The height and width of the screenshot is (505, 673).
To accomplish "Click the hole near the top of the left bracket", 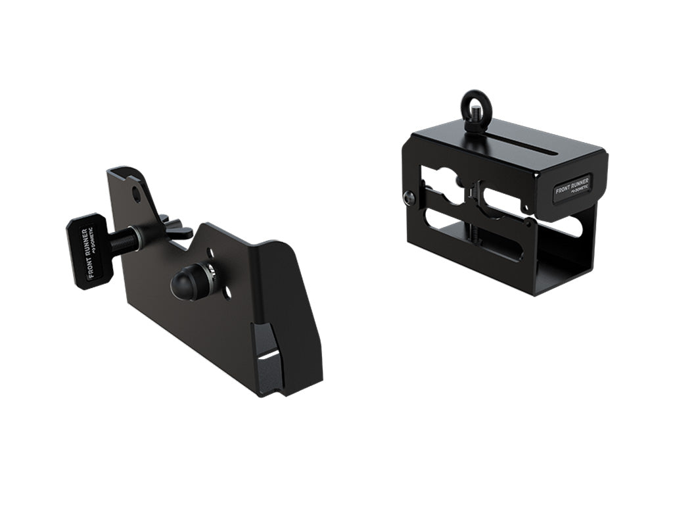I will point(135,193).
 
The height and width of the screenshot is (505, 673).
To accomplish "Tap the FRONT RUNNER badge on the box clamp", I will point(572,189).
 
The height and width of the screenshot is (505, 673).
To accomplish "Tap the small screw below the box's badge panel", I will point(530,208).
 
